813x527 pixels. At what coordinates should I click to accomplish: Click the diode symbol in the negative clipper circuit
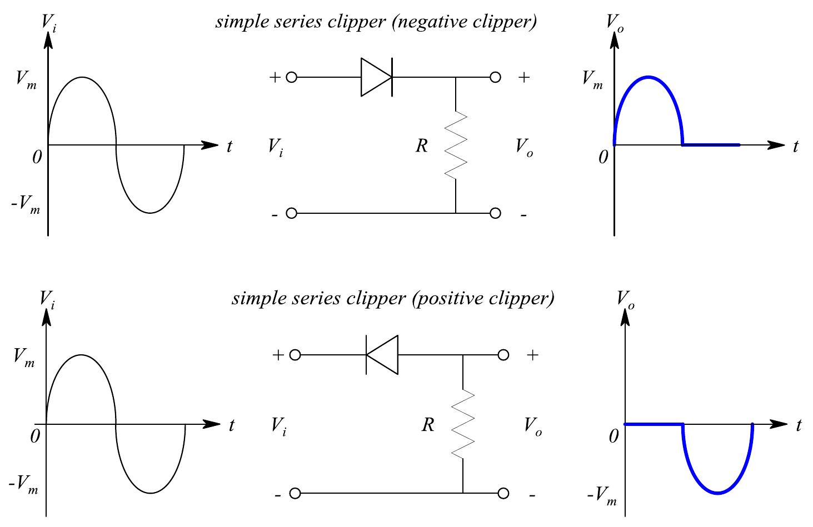tap(377, 77)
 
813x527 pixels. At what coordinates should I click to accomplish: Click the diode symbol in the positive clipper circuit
tap(382, 355)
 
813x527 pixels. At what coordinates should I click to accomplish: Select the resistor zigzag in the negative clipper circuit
tap(456, 145)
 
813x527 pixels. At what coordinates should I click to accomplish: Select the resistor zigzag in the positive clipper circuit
tap(463, 424)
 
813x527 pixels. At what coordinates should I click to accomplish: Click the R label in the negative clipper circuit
tap(422, 146)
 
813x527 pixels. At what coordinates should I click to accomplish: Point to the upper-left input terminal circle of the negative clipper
tap(291, 77)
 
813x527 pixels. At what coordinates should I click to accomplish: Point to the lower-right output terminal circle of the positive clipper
tap(503, 493)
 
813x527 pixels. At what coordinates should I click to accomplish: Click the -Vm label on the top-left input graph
tap(26, 204)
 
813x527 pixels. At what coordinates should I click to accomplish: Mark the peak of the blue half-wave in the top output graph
tap(648, 77)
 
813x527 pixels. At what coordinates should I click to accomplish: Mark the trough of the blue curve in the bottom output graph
tap(718, 493)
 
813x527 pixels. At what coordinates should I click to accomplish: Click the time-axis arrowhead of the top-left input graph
tap(210, 145)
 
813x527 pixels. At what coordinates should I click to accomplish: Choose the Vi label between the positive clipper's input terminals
tap(279, 427)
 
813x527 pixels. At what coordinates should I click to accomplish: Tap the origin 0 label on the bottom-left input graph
tap(35, 436)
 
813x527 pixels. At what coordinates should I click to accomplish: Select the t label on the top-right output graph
tap(796, 147)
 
